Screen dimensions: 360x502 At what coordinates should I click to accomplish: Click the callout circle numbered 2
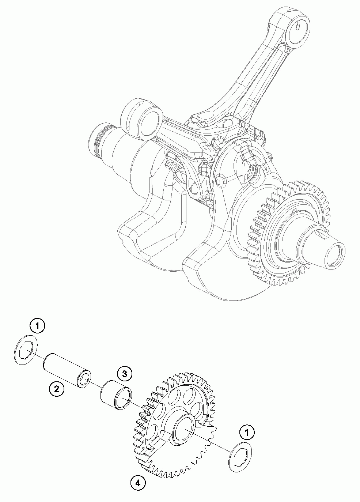point(56,389)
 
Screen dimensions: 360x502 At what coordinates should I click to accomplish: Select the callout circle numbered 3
point(124,373)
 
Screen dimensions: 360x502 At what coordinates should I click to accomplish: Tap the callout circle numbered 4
point(138,483)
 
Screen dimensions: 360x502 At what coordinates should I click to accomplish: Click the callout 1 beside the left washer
point(38,325)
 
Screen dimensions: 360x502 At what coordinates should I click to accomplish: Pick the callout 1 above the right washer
point(247,433)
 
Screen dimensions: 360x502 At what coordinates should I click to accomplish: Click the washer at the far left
point(26,349)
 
